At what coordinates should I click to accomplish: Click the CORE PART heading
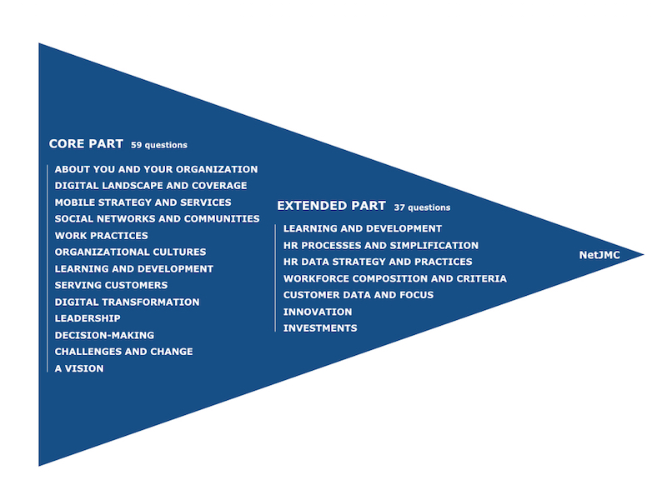(86, 143)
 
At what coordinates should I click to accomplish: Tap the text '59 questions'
(159, 145)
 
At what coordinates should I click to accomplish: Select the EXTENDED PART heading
(331, 206)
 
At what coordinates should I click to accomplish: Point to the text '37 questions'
(422, 207)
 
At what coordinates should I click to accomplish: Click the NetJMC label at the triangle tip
(599, 255)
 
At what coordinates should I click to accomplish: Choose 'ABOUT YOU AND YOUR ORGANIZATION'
(156, 169)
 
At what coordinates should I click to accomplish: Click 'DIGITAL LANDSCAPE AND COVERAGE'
(151, 186)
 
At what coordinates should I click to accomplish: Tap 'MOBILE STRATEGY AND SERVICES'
(143, 202)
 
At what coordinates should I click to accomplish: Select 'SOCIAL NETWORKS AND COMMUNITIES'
(157, 219)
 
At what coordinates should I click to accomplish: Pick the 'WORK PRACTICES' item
(102, 236)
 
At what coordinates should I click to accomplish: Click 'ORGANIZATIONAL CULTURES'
(130, 252)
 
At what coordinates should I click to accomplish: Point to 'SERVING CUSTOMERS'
(111, 285)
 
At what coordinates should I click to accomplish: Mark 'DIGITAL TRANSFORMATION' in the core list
(127, 302)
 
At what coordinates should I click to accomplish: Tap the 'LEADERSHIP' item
(88, 318)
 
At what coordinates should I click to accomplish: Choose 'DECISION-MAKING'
(104, 335)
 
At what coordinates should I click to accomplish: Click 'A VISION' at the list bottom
(79, 368)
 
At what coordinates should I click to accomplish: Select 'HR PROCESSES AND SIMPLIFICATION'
(381, 245)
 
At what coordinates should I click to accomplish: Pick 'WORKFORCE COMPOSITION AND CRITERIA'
(395, 278)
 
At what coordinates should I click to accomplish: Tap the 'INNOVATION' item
(318, 312)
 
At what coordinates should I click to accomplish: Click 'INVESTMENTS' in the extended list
(320, 328)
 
